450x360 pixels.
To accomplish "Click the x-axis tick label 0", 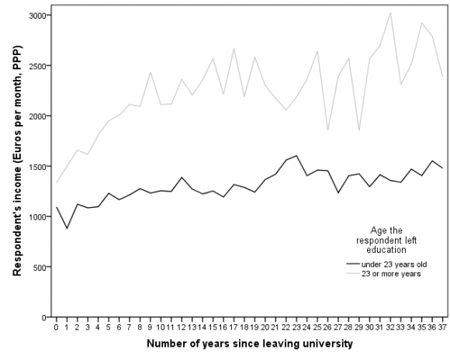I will point(56,327).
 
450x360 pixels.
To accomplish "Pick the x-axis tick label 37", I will point(441,327).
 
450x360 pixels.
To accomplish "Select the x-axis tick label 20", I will point(265,327).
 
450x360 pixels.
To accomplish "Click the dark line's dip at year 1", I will point(67,228).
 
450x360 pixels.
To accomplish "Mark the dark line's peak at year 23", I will point(296,156).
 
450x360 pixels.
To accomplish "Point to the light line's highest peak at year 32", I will point(389,12).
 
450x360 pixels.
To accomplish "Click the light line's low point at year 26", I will point(327,130).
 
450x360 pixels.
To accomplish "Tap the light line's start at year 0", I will point(56,182).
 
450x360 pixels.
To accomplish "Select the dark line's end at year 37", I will point(441,168).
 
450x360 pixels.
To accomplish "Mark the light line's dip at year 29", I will point(358,130).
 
